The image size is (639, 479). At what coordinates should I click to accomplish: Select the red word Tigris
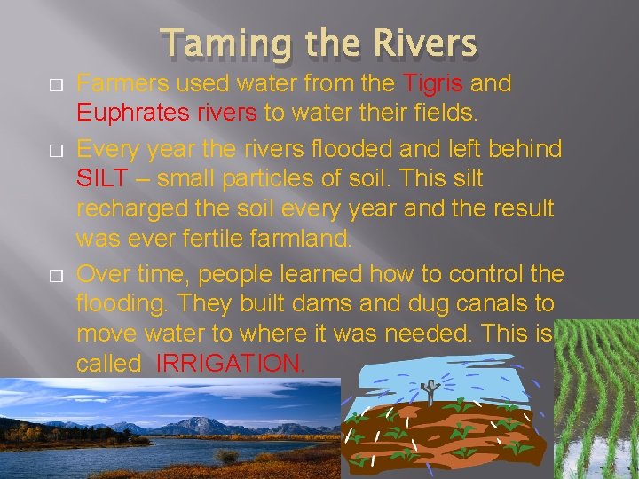434,84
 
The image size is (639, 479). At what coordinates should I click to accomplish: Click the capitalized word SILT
103,177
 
